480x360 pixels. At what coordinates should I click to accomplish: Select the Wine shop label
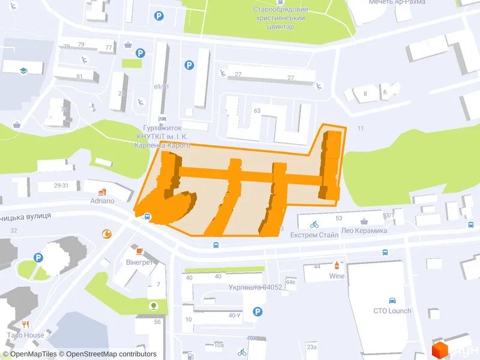coord(336,276)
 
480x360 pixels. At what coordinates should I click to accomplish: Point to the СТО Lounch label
coord(392,311)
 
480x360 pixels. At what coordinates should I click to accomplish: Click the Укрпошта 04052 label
coord(255,287)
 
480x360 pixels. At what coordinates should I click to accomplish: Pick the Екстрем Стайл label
coord(315,236)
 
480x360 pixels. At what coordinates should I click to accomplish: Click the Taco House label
coord(25,335)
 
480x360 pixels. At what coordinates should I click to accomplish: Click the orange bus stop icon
coord(146,217)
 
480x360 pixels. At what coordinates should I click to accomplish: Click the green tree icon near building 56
coord(155,307)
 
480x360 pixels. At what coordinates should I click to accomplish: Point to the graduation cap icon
coord(23,70)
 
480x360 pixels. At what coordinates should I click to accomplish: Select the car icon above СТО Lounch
coord(392,299)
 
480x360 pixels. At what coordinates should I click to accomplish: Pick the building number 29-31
coord(61,185)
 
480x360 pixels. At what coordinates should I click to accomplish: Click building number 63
coord(257,110)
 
